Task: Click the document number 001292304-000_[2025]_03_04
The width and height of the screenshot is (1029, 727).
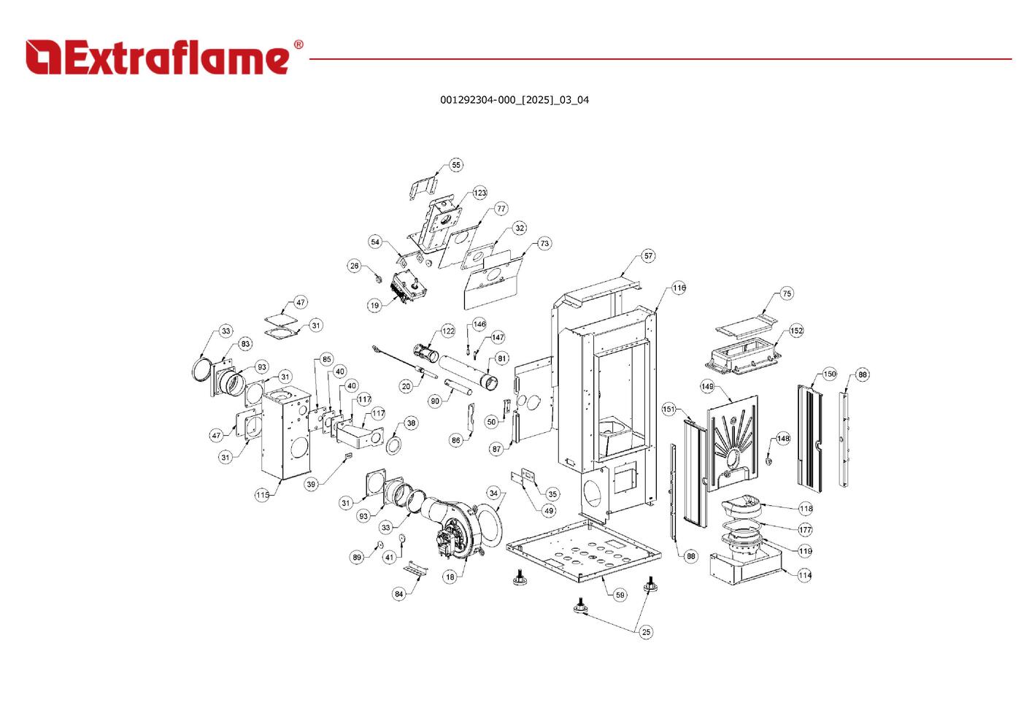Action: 514,100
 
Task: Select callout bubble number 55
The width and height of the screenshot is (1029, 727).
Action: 456,165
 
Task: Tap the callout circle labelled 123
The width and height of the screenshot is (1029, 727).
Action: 479,193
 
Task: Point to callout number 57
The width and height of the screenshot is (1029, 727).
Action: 648,256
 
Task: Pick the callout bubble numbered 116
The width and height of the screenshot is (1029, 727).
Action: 679,288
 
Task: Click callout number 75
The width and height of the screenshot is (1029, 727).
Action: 786,293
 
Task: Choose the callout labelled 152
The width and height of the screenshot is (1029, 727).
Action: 796,331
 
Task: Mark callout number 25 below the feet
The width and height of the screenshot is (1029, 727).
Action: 646,632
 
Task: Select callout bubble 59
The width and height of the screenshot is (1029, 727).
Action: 620,595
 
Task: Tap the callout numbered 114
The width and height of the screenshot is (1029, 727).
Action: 804,575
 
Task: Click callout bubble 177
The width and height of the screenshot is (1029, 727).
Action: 805,530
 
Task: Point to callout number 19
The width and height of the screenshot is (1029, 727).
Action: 374,305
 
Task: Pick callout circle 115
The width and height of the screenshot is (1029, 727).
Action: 263,495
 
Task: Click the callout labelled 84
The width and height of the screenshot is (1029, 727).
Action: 398,594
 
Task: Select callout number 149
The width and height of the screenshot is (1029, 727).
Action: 707,386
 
